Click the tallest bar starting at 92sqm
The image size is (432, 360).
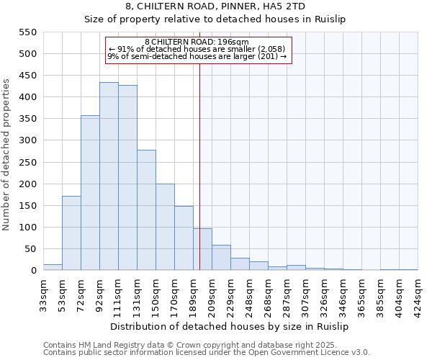pyautogui.click(x=109, y=176)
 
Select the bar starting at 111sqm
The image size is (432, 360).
pyautogui.click(x=127, y=179)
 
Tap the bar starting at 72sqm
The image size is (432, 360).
pyautogui.click(x=90, y=193)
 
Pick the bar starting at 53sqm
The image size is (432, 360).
pyautogui.click(x=71, y=233)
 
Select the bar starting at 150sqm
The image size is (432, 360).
pyautogui.click(x=165, y=227)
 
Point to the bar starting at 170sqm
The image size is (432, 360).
pyautogui.click(x=184, y=238)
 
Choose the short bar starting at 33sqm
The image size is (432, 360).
pyautogui.click(x=53, y=267)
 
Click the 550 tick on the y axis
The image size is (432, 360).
pyautogui.click(x=27, y=32)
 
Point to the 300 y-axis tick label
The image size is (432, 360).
pyautogui.click(x=27, y=140)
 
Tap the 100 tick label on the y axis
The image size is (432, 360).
pyautogui.click(x=27, y=228)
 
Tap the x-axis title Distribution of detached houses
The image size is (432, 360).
pyautogui.click(x=230, y=326)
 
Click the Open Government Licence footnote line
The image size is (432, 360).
pyautogui.click(x=207, y=353)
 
